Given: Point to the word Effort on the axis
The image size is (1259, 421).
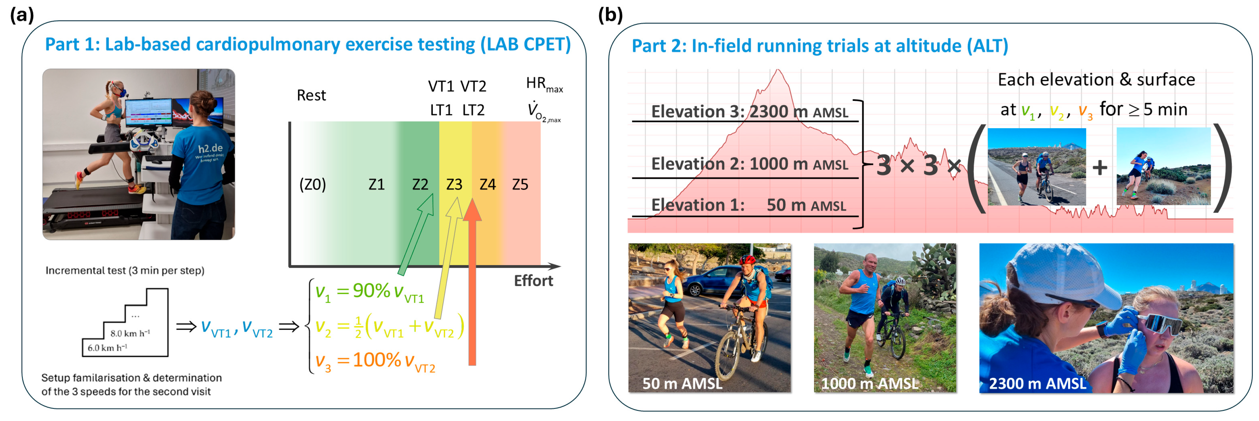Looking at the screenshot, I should pos(533,281).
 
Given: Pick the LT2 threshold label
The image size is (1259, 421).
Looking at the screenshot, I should pos(473,110).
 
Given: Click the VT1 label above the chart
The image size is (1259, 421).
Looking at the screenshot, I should pos(441,87).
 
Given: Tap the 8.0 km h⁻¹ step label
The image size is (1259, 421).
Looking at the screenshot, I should pos(130,334).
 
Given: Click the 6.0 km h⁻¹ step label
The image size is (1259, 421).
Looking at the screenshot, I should pos(107,348).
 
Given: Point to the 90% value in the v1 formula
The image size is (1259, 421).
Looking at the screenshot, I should pos(371,290).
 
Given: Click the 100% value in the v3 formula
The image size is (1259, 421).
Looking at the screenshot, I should pos(377,360).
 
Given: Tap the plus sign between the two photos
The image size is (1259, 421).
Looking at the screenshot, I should pos(1100,168).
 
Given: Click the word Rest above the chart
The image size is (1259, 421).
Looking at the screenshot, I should pos(311,95).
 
